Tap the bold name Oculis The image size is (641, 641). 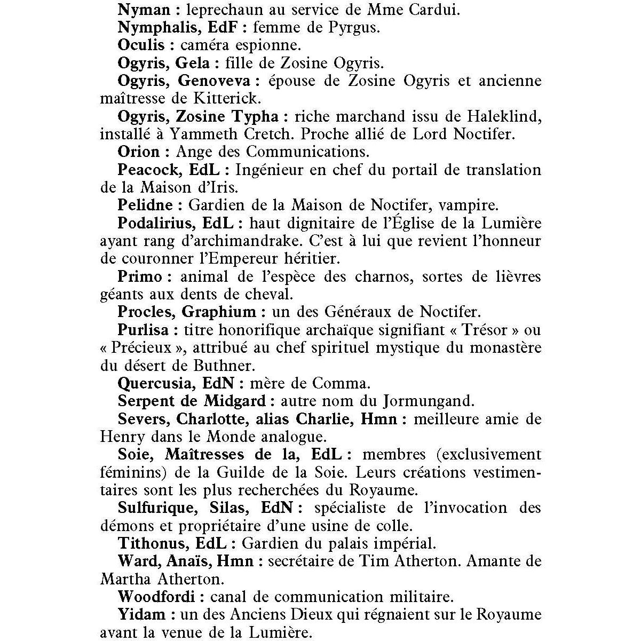141,45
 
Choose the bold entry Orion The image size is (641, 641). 139,152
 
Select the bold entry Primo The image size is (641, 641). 140,276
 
